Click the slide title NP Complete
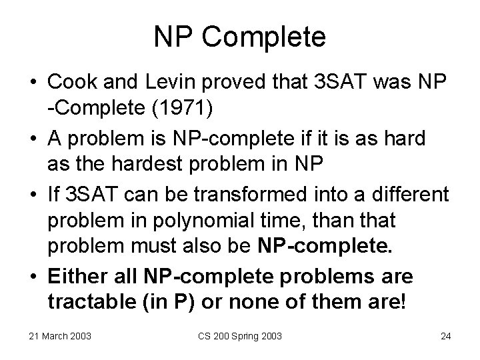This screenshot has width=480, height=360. (240, 37)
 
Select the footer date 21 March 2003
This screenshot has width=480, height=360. (61, 335)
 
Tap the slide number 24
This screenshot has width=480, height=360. (445, 335)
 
